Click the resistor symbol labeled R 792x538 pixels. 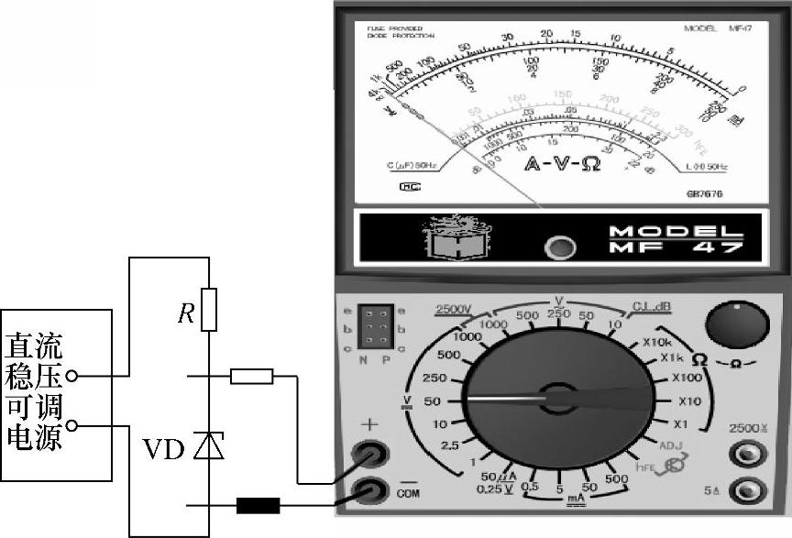209,309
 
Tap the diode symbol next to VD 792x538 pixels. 210,445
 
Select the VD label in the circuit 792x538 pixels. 164,449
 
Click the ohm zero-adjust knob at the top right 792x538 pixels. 736,325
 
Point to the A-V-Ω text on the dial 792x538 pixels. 562,165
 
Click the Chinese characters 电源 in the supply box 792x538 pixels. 35,438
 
